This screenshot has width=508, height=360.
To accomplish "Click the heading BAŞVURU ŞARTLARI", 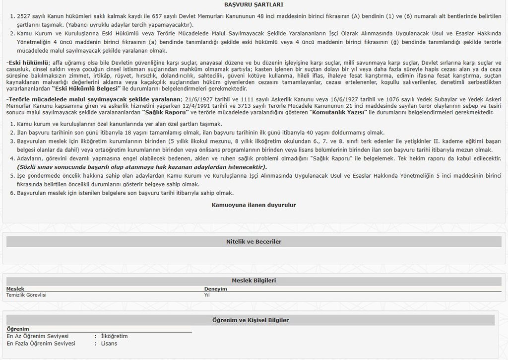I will click(254, 4).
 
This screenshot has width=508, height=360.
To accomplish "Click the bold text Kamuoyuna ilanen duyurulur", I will click(254, 205).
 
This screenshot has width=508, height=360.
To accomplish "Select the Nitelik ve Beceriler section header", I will click(254, 242).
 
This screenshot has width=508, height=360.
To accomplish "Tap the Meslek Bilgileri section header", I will click(254, 281).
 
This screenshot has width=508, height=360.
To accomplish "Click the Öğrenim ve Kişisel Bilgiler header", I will click(254, 320).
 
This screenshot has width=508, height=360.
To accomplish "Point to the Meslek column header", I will click(15, 288).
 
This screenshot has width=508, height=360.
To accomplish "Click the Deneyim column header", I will click(215, 288).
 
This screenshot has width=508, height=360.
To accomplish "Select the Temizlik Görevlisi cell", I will click(26, 295).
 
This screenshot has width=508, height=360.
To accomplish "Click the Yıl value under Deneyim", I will click(207, 295).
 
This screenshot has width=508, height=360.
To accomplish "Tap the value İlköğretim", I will click(114, 336).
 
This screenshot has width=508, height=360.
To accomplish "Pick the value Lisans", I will click(109, 344).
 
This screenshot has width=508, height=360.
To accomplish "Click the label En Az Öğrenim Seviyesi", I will click(38, 336).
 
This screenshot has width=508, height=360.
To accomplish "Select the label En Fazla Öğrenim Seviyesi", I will click(41, 344).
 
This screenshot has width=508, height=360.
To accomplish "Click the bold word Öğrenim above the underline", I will click(18, 329).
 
